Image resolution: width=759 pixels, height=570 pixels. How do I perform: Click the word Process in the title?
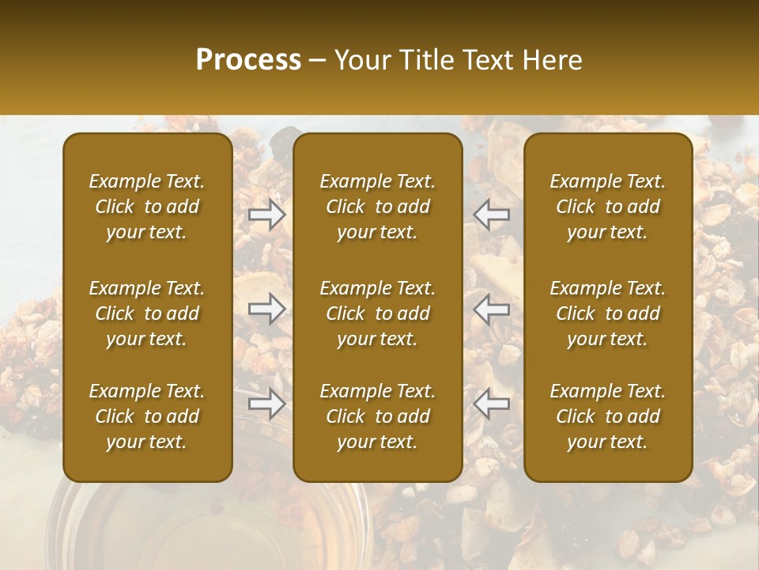tap(248, 60)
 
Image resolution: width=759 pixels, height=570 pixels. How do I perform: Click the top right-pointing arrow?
tap(267, 215)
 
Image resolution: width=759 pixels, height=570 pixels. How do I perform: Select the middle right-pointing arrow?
tap(267, 310)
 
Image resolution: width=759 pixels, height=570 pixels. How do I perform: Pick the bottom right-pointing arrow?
tap(267, 405)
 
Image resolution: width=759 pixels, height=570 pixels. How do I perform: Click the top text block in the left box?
tap(147, 207)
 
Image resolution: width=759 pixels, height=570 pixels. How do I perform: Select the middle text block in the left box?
tap(147, 313)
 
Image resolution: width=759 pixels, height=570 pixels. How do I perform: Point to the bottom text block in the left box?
tap(147, 416)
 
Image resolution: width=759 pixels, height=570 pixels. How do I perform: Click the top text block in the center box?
tap(378, 207)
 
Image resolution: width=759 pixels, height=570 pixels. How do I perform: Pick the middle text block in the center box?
tap(378, 313)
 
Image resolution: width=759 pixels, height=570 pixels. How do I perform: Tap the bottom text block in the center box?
tap(378, 416)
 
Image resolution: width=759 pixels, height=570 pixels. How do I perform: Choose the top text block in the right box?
tap(608, 207)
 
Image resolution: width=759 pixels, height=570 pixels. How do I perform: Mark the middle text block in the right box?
tap(608, 313)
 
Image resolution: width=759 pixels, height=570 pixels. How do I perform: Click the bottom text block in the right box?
tap(608, 416)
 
